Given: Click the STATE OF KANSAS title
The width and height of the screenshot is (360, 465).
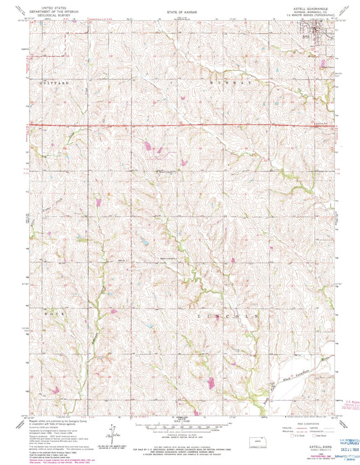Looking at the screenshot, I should point(179,13).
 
